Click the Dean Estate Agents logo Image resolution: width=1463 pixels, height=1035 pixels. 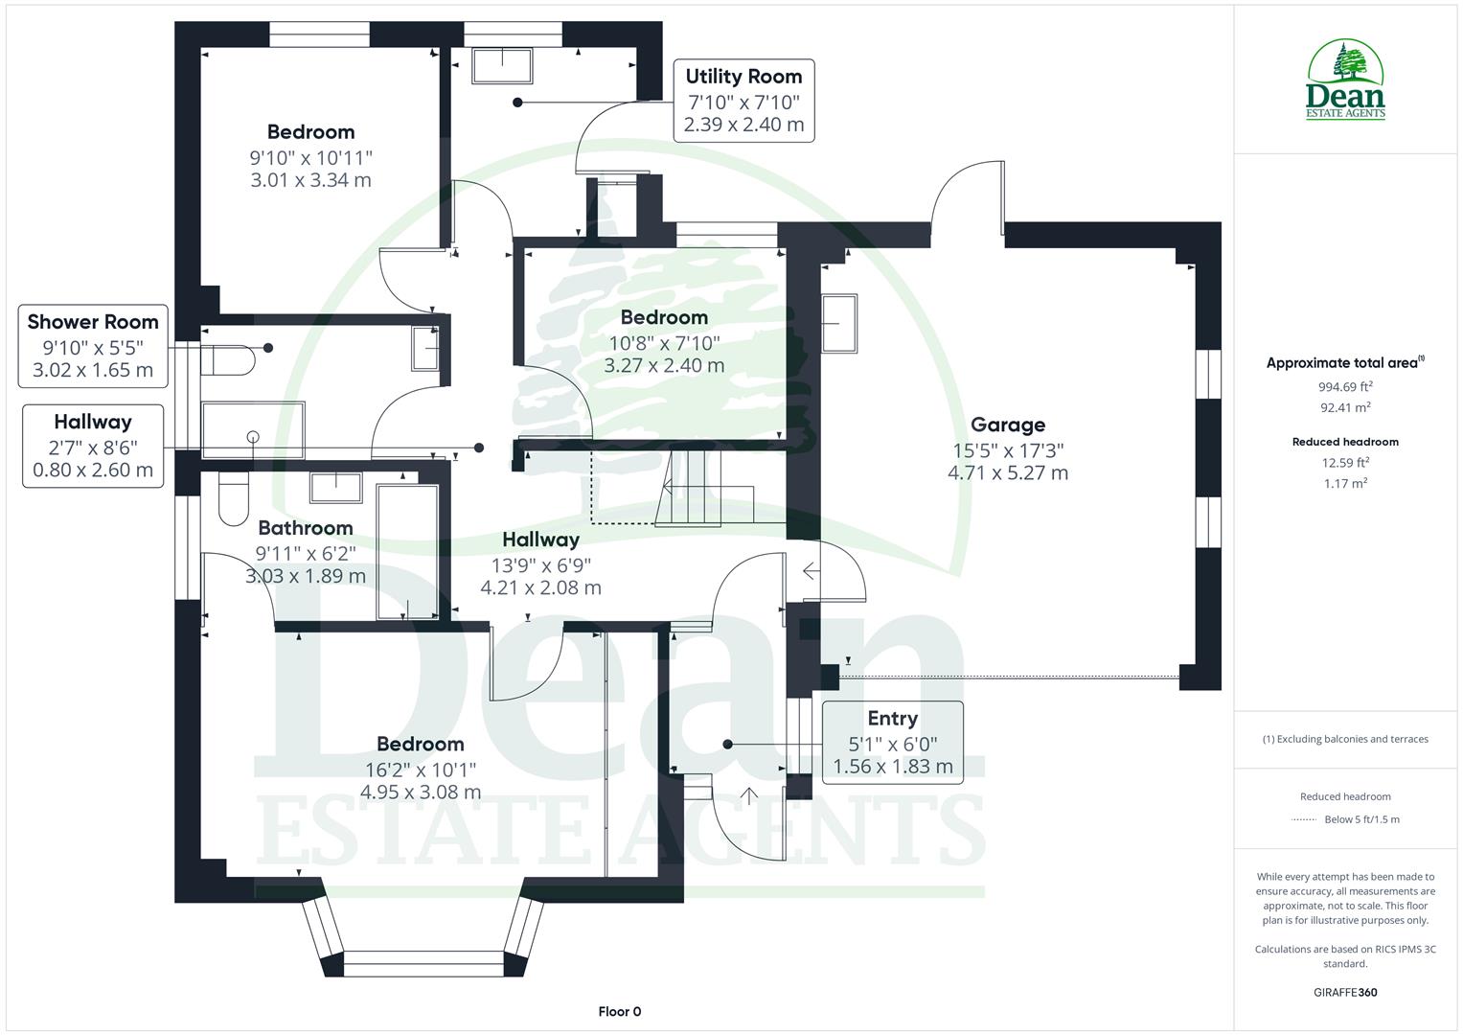[x=1345, y=80]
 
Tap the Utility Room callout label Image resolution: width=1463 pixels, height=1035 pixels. [x=743, y=77]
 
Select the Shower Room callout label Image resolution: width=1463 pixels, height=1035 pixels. [x=93, y=322]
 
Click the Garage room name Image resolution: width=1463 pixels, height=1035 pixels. [x=1008, y=425]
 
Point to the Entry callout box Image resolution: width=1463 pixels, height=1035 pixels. [x=892, y=743]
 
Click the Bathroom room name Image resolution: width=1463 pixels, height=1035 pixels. [x=306, y=528]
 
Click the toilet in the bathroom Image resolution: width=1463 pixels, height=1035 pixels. [x=233, y=498]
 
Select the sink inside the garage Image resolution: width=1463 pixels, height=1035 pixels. [x=839, y=324]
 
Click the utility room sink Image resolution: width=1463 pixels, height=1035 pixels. [x=503, y=66]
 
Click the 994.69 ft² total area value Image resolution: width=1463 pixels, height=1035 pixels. [x=1345, y=387]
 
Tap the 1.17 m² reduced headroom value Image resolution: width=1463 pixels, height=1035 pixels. [x=1345, y=483]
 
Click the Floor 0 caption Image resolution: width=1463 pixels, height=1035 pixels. [x=619, y=1011]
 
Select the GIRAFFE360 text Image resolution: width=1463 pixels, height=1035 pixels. [x=1345, y=992]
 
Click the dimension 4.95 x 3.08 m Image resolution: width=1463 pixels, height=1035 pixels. [x=421, y=793]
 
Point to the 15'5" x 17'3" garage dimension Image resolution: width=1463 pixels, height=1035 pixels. [x=1008, y=449]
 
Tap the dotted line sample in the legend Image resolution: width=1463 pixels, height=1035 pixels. [x=1304, y=819]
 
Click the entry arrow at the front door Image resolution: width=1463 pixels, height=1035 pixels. [x=747, y=794]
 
